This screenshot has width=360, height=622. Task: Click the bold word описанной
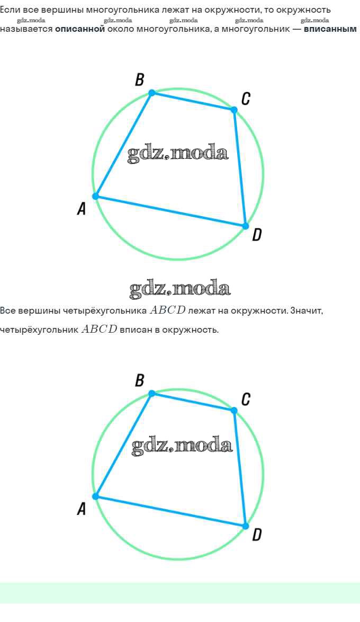(80, 29)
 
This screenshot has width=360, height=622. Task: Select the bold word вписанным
(330, 29)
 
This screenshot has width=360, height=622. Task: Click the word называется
(26, 29)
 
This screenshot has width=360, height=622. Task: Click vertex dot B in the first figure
(152, 93)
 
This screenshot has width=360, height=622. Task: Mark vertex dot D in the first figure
(246, 226)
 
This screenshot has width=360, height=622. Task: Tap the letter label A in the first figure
(82, 209)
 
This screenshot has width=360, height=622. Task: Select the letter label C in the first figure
(246, 99)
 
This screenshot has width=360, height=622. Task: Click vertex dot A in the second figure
(96, 496)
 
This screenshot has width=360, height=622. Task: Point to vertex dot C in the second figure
(234, 410)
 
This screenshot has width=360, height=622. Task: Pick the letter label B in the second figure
(140, 380)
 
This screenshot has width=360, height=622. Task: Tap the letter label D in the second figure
(257, 535)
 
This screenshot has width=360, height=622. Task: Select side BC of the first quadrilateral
(193, 101)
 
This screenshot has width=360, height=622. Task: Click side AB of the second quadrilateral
(124, 445)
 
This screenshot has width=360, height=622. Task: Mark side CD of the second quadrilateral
(240, 468)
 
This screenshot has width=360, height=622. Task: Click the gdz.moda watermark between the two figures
(180, 289)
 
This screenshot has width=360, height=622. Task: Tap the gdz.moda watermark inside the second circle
(182, 446)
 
